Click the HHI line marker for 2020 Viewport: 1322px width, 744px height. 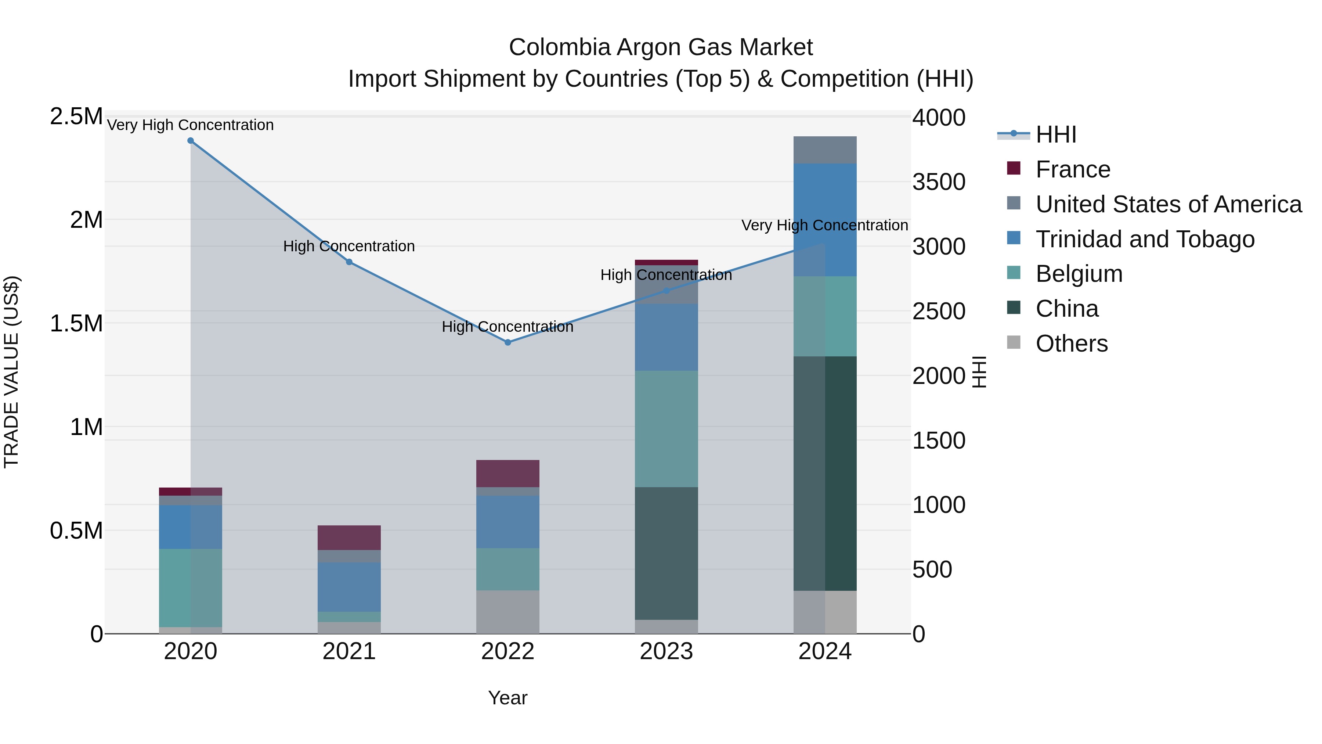(x=190, y=141)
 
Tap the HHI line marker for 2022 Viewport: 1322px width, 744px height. (x=508, y=342)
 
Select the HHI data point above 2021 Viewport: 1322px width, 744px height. (x=349, y=262)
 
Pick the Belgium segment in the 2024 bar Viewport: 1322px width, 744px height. (x=825, y=316)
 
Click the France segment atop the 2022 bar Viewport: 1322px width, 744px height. (x=508, y=474)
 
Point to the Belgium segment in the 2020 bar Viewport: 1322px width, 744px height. (x=190, y=587)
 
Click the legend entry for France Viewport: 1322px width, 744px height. (x=1073, y=169)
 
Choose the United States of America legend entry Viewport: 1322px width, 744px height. (x=1168, y=204)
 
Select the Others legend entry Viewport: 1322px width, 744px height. (x=1071, y=344)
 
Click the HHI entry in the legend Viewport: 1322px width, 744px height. (x=1056, y=134)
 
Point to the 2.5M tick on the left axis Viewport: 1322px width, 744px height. (x=76, y=116)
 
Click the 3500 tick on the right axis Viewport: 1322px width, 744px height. (x=939, y=182)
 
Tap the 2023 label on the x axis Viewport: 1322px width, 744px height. (x=666, y=651)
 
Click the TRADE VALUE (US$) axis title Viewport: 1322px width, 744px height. (x=11, y=372)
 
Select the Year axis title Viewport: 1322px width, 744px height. (x=508, y=698)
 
